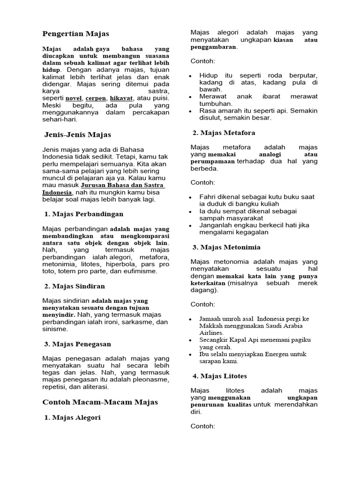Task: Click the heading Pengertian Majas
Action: pos(75,34)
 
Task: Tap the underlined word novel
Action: pos(74,98)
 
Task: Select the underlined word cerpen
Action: pos(96,98)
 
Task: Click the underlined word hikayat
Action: pos(121,98)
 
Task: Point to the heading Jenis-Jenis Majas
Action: pos(77,135)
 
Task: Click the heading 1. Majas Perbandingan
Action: pos(83,214)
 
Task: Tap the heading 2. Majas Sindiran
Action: pos(75,286)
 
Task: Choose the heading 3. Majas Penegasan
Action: pos(77,344)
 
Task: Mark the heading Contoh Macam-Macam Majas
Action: pos(100,402)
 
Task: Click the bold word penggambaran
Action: pos(213,47)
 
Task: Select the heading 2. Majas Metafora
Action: pos(224,133)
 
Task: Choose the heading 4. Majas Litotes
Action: pos(220,376)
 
